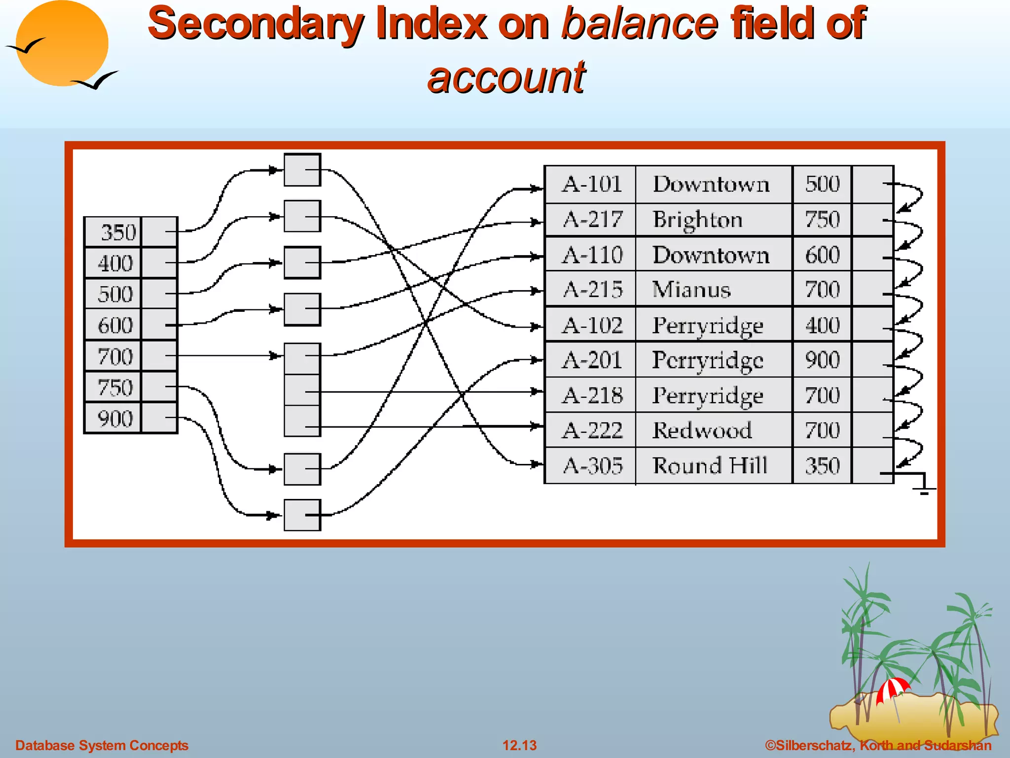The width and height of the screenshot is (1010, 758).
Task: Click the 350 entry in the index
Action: pyautogui.click(x=117, y=232)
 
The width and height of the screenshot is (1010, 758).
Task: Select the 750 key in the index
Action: pyautogui.click(x=115, y=387)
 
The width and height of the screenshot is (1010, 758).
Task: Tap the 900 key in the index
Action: pyautogui.click(x=115, y=418)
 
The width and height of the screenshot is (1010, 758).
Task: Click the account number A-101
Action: pyautogui.click(x=592, y=184)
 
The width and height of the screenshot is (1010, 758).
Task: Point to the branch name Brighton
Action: pyautogui.click(x=697, y=220)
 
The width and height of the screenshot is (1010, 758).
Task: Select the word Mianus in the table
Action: pyautogui.click(x=691, y=290)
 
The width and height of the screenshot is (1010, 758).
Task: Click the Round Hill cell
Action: pyautogui.click(x=710, y=465)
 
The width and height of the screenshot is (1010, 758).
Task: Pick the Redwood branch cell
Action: pyautogui.click(x=702, y=430)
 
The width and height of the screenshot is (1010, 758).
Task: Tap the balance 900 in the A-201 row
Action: pyautogui.click(x=822, y=360)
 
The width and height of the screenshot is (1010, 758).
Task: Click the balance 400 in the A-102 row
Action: pyautogui.click(x=822, y=325)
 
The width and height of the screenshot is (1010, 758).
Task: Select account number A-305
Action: pyautogui.click(x=593, y=465)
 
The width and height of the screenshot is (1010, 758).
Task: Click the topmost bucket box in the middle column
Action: pyautogui.click(x=302, y=170)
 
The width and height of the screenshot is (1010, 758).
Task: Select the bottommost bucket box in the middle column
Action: pyautogui.click(x=302, y=515)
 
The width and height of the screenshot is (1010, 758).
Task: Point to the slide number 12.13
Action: pyautogui.click(x=519, y=745)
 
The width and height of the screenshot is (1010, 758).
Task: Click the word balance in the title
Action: pyautogui.click(x=639, y=23)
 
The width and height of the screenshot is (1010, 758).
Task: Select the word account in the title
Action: pyautogui.click(x=506, y=77)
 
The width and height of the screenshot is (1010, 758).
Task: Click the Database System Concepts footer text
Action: pyautogui.click(x=102, y=745)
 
